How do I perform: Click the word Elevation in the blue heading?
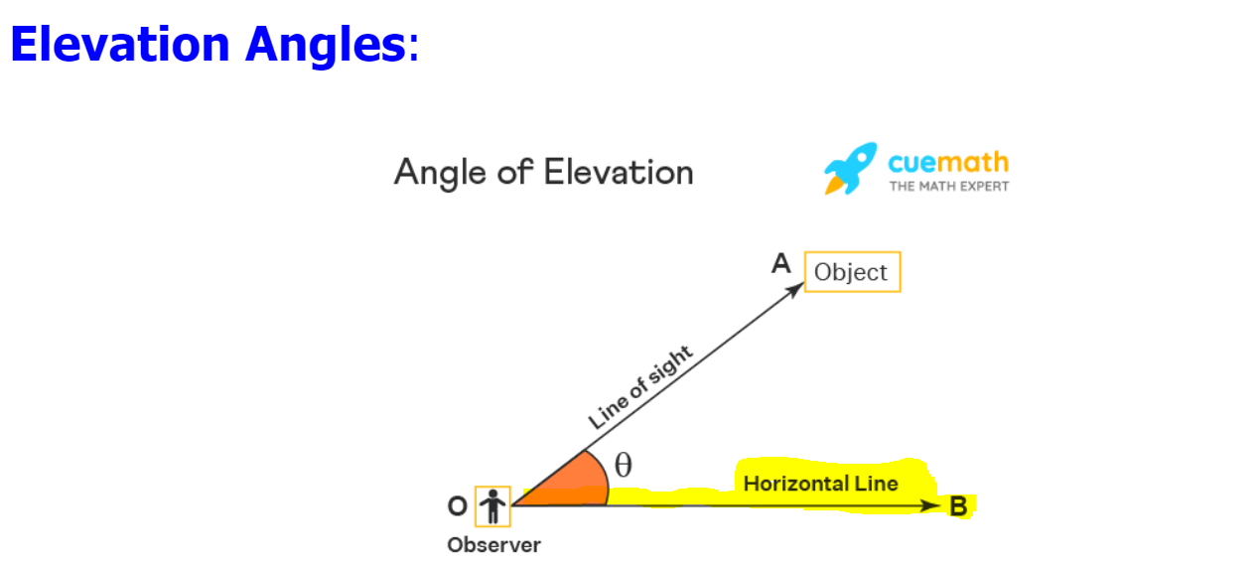(120, 44)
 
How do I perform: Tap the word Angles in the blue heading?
(326, 47)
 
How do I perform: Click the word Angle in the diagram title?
(440, 174)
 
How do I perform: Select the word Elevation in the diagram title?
(619, 172)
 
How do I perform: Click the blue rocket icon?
(850, 168)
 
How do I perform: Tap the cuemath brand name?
(948, 163)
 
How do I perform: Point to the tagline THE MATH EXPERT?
(949, 187)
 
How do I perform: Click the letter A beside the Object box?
(781, 263)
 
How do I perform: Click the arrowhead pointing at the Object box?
(796, 290)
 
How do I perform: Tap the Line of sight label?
(640, 387)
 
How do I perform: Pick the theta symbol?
(624, 465)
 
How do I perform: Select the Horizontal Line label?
(820, 484)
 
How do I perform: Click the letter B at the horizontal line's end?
(959, 506)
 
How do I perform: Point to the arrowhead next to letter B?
(930, 506)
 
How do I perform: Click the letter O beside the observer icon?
(457, 506)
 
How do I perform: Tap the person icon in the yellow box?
(493, 506)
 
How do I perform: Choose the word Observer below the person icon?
(493, 545)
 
